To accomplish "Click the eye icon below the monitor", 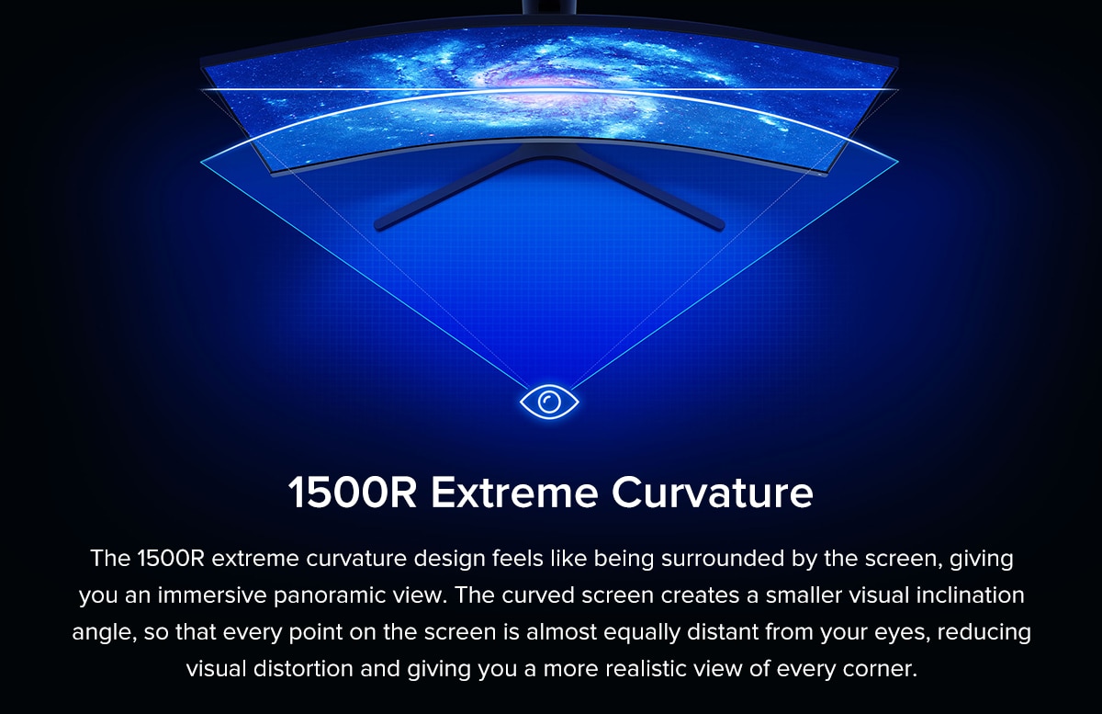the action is point(549,402).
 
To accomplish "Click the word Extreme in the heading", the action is point(514,493).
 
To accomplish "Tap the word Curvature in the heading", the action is point(713,493).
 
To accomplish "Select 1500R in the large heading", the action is point(353,493).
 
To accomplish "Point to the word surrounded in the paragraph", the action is point(723,559).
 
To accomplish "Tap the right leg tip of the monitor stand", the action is point(718,225).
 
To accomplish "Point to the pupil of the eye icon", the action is point(549,402).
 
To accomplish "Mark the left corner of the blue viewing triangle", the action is point(201,162).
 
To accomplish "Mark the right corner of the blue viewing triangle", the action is point(898,161).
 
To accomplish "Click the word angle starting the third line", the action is point(104,633).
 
